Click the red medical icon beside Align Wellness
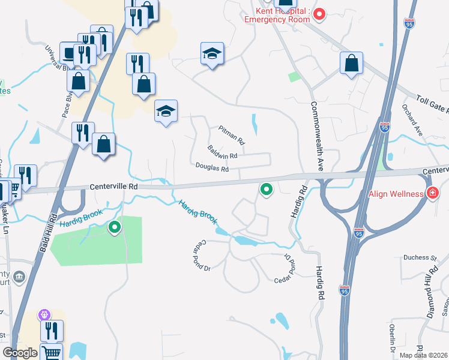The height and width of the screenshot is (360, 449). click(x=432, y=193)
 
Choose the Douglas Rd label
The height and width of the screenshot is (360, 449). click(x=212, y=169)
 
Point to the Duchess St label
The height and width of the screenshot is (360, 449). click(x=420, y=257)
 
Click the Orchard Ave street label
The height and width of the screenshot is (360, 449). click(x=414, y=119)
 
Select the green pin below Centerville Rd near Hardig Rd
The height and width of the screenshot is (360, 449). click(x=267, y=190)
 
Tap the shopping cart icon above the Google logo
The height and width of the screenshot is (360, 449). click(x=52, y=353)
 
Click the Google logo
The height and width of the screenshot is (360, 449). click(x=20, y=353)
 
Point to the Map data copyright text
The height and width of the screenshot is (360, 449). click(x=424, y=355)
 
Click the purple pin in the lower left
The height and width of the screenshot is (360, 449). click(x=44, y=314)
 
